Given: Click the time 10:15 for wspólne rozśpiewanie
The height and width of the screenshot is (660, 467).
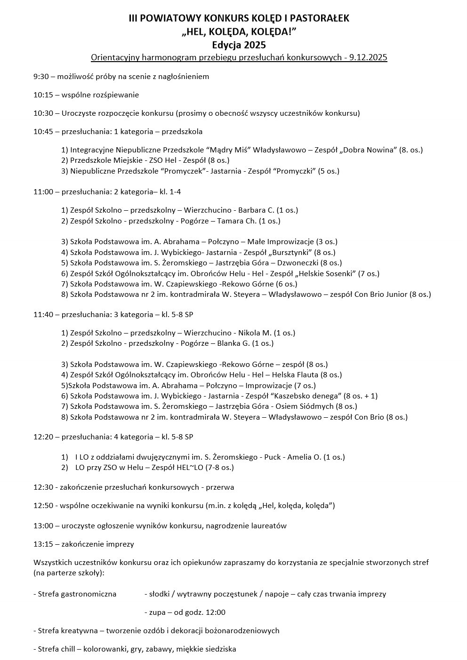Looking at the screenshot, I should [43, 95].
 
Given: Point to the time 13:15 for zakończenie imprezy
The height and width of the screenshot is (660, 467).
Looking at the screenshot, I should [43, 544].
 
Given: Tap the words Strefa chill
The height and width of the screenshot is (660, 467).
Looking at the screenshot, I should [55, 649].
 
